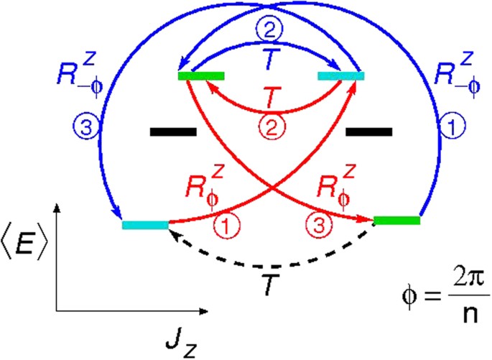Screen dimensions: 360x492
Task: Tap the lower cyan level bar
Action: tap(145, 225)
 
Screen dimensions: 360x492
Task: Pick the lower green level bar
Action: tap(397, 220)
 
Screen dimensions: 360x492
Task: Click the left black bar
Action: tap(173, 131)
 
